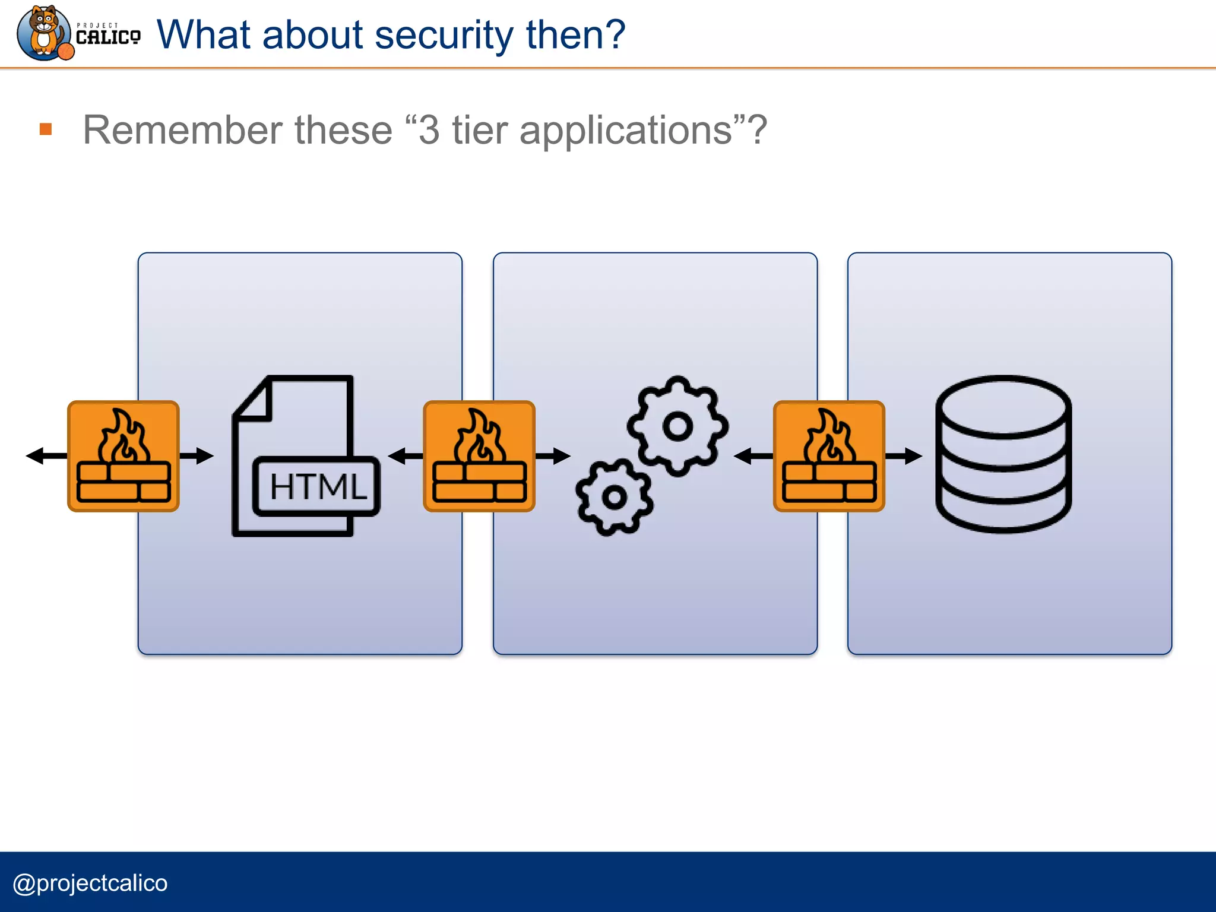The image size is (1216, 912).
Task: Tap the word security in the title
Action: (x=444, y=34)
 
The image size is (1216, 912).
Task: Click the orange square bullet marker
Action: (x=46, y=129)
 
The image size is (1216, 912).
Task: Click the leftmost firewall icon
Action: (x=123, y=456)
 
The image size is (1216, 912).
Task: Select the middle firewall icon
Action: (x=479, y=456)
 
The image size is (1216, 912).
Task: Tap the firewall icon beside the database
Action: (x=829, y=456)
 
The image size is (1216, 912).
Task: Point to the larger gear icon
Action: (x=677, y=426)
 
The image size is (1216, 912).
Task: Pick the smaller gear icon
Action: (x=614, y=497)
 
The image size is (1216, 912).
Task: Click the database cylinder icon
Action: (x=1003, y=454)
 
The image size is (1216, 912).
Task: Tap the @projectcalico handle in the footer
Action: (x=90, y=883)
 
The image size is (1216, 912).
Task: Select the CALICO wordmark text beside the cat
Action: (x=108, y=37)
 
